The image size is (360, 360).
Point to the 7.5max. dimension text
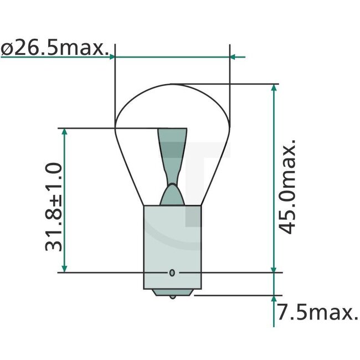[317, 313]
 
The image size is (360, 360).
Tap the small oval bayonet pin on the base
[172, 272]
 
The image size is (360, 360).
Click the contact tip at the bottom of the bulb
[172, 295]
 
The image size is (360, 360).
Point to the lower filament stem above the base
[172, 194]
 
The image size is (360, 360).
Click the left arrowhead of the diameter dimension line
[112, 56]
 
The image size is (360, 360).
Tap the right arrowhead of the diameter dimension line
[234, 56]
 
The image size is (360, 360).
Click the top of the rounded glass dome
[172, 85]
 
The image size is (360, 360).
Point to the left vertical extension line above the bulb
[115, 83]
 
